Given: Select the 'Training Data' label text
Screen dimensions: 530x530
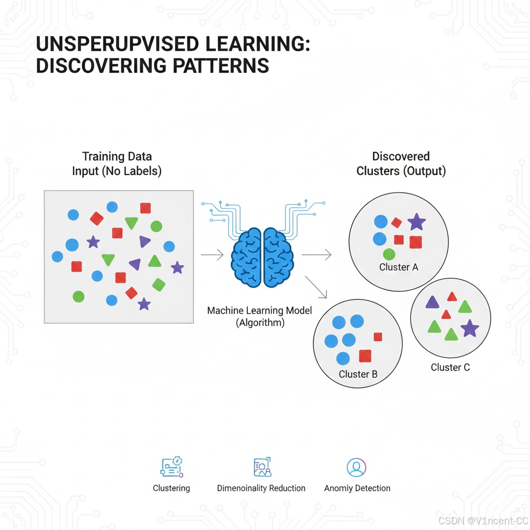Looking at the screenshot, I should pos(117,156).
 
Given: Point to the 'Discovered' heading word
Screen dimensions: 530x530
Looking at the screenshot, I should pos(401,156).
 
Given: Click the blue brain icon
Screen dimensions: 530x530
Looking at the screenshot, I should pos(263,257).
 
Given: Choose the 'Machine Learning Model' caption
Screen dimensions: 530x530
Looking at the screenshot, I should pos(253,311).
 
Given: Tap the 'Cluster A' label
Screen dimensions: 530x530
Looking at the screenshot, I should pos(399,267).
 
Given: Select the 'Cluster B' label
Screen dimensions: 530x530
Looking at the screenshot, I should pos(358,374).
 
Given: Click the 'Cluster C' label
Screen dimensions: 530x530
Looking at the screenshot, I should pos(450,367).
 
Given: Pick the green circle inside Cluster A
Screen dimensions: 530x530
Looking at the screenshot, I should pos(389,254).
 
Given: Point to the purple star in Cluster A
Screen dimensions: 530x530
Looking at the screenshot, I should pos(417,222).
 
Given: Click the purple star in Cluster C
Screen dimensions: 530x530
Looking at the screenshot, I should pos(469,328).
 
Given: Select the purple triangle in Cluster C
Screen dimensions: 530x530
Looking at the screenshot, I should pos(432,303).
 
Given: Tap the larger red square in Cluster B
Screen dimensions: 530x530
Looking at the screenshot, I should pos(365,356).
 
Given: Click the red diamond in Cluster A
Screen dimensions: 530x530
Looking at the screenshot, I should pos(396,223).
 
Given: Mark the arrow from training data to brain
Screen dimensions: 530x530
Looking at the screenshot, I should pos(212,255).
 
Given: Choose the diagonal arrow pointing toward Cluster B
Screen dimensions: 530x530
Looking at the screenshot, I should pos(317,287).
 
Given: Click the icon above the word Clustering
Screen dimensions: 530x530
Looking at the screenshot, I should pos(172,466).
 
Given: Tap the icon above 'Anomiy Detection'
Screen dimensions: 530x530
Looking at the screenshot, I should pos(356,467).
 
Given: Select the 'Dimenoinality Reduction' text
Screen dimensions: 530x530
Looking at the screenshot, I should pos(261,488).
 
